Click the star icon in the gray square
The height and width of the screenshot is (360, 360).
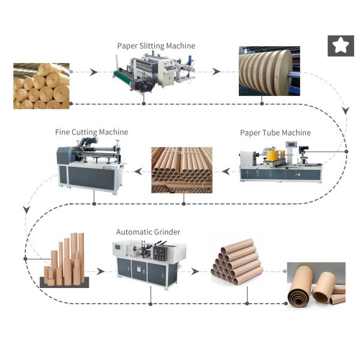coord(340,46)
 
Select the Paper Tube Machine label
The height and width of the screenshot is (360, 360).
coord(275,133)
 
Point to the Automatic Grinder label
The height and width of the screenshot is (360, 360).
coord(148,232)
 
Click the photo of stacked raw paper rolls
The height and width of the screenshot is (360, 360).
coord(41,86)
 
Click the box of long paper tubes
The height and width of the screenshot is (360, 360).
coord(181,170)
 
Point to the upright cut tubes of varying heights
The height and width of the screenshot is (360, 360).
coord(67,261)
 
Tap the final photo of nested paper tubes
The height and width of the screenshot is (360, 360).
coord(316,285)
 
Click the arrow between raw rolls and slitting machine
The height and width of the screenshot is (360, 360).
coord(93,73)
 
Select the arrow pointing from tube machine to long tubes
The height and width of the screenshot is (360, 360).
coord(226,172)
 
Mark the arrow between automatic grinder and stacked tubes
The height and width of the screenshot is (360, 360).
coord(196,271)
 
